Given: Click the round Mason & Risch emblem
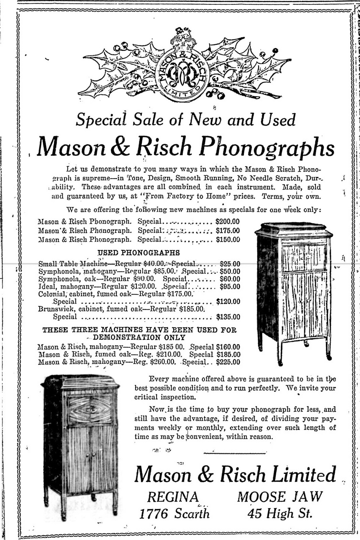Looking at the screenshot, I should point(182,72).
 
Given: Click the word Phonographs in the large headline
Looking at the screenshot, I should point(267,147).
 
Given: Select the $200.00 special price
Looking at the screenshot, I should point(228,222).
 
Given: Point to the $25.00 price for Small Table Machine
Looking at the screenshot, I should point(230,264).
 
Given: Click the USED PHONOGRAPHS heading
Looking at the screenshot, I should point(139,253).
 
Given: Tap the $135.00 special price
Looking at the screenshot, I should point(228,317).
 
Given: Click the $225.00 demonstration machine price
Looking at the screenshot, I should point(228,362).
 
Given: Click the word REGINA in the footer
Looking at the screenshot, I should point(173,497).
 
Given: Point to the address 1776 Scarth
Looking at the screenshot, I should point(174,513).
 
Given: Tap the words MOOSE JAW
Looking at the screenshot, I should point(280,497).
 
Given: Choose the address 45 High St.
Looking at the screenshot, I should point(280,513).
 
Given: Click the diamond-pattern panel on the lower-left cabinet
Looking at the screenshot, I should point(90,410).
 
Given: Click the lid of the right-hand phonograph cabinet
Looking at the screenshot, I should point(293,229).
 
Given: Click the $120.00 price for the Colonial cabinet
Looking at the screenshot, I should point(228,302).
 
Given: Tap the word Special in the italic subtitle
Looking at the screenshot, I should point(101,120).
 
